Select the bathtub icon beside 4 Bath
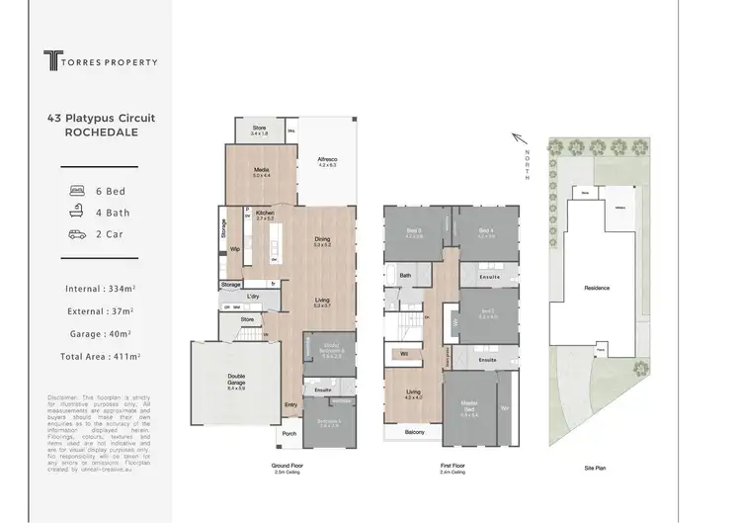click(x=77, y=212)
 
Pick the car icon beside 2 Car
click(x=77, y=234)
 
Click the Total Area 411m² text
click(x=100, y=355)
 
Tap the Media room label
click(x=262, y=171)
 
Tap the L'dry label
click(x=253, y=296)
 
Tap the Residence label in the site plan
click(x=597, y=288)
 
